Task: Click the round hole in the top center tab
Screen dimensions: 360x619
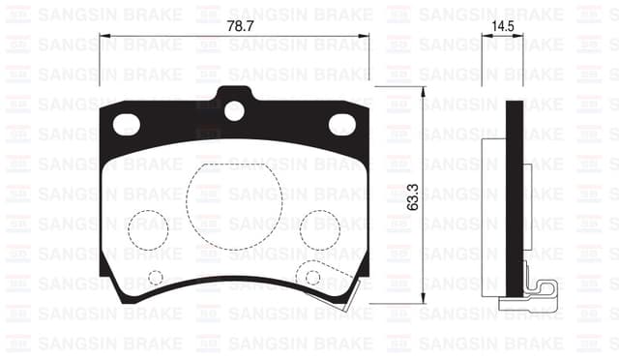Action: [234, 110]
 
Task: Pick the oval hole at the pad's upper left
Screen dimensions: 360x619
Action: [127, 124]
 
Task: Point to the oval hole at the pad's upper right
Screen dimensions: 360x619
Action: [341, 124]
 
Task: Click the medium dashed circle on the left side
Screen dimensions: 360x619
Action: [148, 229]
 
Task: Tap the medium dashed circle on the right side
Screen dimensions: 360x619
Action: [319, 229]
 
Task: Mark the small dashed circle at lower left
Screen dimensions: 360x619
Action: [156, 278]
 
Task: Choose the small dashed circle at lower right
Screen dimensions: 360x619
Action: [311, 278]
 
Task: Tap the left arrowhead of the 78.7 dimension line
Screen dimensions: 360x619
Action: [103, 37]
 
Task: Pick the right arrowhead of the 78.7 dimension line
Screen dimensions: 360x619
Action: [366, 37]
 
